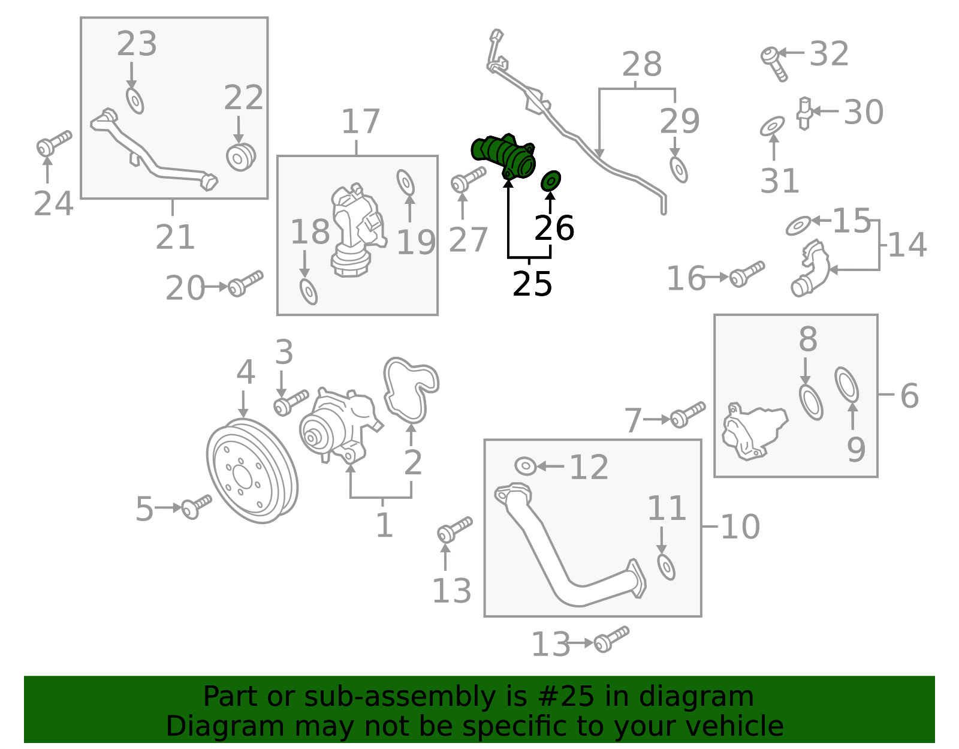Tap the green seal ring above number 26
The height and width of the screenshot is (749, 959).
point(551,181)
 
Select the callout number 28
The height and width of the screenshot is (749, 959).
point(642,64)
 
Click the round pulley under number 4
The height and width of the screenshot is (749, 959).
point(252,471)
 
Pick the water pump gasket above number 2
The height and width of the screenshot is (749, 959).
point(411,390)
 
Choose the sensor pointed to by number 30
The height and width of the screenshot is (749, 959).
point(804,113)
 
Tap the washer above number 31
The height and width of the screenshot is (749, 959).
point(773,126)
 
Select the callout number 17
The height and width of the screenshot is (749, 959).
point(361,121)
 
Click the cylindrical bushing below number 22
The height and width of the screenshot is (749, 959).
point(241,157)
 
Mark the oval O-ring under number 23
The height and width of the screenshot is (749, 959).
point(135,101)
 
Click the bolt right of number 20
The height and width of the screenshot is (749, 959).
point(245,284)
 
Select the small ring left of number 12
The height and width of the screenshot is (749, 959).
point(526,466)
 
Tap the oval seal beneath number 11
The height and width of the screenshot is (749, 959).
point(666,567)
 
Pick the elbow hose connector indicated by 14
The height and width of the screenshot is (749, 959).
point(810,268)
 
